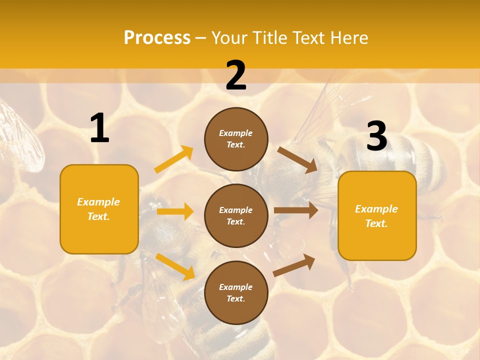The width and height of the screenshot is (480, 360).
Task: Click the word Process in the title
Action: click(x=157, y=38)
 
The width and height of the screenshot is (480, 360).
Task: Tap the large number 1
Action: click(x=99, y=128)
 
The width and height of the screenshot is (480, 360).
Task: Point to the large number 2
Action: click(x=236, y=76)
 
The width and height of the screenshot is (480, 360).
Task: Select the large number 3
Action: click(x=376, y=136)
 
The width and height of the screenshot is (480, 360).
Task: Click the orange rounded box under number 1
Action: click(x=99, y=209)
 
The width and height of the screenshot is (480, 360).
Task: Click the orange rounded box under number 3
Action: click(x=377, y=215)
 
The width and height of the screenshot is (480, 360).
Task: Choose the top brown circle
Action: click(x=236, y=138)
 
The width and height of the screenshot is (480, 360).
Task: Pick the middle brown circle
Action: click(x=236, y=215)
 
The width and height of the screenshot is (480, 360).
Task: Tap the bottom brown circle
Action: click(x=236, y=292)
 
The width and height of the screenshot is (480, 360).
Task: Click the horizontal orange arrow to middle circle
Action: click(x=175, y=211)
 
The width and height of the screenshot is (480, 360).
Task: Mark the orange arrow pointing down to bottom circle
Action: click(x=175, y=266)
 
